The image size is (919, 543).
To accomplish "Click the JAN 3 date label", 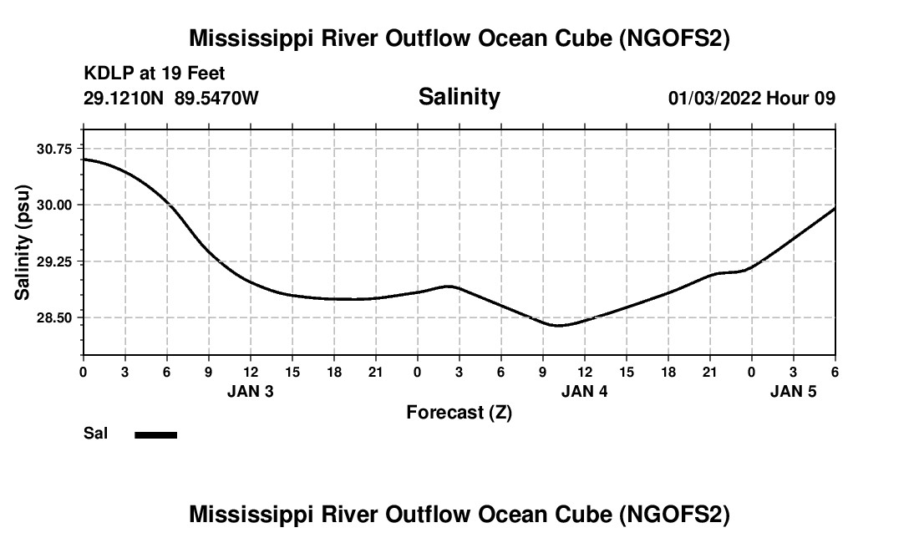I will (x=251, y=391).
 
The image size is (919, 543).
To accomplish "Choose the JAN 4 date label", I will (x=585, y=391).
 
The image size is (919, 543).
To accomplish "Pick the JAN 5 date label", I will (x=794, y=391).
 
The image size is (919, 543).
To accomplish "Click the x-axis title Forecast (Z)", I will (x=459, y=412).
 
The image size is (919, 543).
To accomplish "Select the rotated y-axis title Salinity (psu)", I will (x=23, y=242).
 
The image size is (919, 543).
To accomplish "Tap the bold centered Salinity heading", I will (x=459, y=97).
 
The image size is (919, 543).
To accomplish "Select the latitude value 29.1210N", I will (x=124, y=99).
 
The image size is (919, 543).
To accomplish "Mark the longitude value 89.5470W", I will (x=216, y=99).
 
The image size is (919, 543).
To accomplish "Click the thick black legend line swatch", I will (x=156, y=434).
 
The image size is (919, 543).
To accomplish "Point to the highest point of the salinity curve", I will (x=84, y=159).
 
